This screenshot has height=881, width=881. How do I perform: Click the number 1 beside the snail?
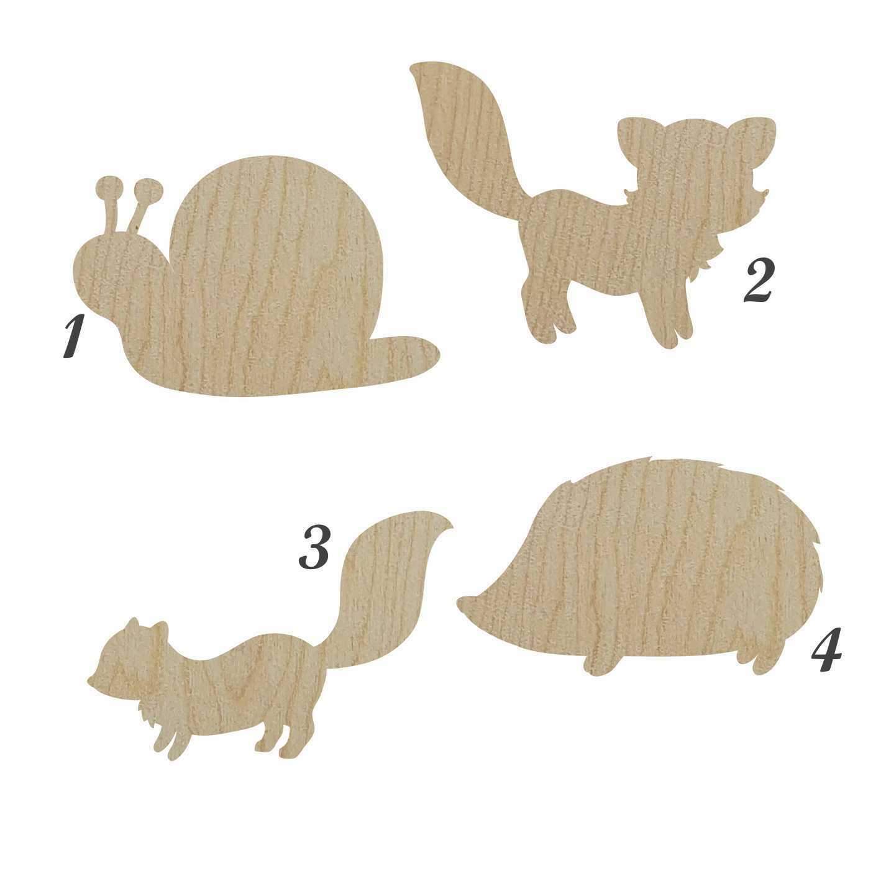[x=74, y=337]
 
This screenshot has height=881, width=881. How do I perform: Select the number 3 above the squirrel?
[x=314, y=547]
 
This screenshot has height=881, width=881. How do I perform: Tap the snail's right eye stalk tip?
[x=149, y=189]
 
